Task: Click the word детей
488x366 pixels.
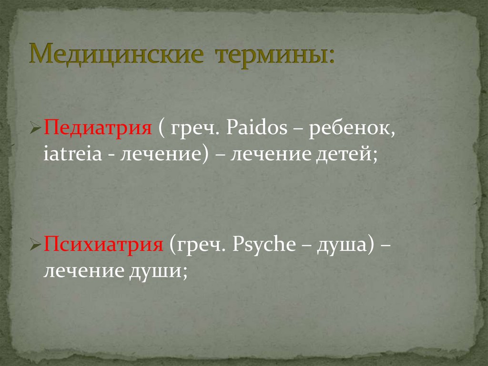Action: pos(350,155)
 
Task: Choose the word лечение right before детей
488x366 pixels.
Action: pos(273,155)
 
